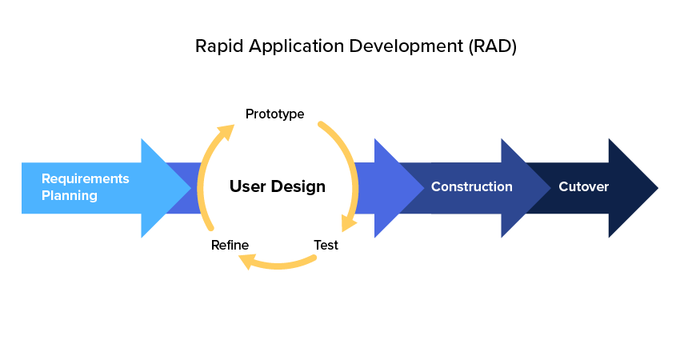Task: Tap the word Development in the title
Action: coord(406,47)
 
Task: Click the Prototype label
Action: coord(274,114)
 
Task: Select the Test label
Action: coord(326,245)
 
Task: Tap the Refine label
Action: coord(230,245)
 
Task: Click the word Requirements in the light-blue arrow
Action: coord(85,178)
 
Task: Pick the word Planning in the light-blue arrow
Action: coord(70,195)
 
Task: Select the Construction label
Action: coord(471,187)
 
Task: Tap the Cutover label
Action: coord(583,187)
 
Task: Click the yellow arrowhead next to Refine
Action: coord(247,259)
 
